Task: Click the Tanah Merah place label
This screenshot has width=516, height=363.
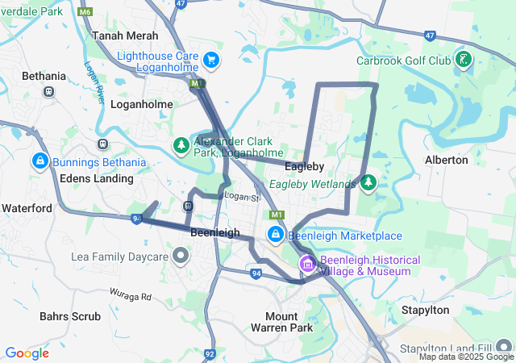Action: [x=125, y=36]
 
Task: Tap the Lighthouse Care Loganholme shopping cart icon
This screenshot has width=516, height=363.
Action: [x=211, y=60]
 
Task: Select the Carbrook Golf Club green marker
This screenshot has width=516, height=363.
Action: [x=463, y=60]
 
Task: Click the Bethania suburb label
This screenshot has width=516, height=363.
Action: [x=44, y=76]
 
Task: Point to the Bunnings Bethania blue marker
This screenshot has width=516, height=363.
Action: [x=39, y=161]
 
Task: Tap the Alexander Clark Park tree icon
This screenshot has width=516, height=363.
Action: [x=181, y=145]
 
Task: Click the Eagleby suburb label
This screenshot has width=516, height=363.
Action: [x=304, y=166]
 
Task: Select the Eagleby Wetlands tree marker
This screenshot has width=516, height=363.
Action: [x=368, y=184]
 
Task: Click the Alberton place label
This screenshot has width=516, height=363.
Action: [x=446, y=160]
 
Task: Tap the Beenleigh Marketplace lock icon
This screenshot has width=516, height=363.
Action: [x=276, y=235]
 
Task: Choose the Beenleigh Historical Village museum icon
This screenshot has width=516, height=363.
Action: [x=307, y=264]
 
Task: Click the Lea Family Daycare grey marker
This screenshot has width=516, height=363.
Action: [x=181, y=257]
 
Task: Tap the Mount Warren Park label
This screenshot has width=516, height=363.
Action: [x=288, y=322]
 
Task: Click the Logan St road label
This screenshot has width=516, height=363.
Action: [x=242, y=197]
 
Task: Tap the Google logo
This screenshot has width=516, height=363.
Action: [x=27, y=353]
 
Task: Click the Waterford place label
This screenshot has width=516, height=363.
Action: [x=27, y=208]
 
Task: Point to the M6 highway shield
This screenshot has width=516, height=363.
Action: [x=85, y=14]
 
